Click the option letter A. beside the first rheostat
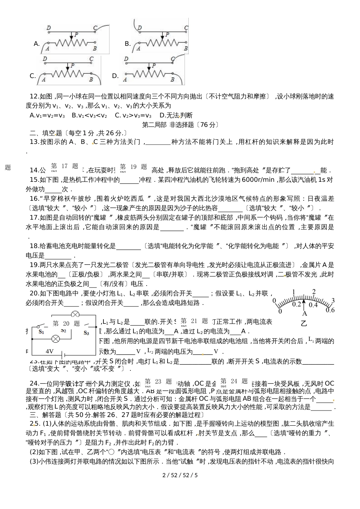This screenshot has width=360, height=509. [x=37, y=44]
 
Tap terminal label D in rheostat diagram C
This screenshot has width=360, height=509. [x=45, y=59]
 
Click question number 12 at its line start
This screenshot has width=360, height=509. [x=34, y=96]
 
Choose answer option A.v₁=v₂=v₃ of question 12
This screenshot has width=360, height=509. [x=47, y=115]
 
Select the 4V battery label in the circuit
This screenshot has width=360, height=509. [x=49, y=351]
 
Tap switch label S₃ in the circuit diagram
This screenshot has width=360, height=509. [x=86, y=333]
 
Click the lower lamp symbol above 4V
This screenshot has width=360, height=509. [x=56, y=338]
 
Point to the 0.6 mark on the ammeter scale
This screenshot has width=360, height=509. [x=330, y=310]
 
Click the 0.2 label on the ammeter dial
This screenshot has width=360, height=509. [x=296, y=304]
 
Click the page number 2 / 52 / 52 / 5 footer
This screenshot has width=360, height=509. [x=180, y=475]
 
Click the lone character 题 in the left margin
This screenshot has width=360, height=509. [x=8, y=167]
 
